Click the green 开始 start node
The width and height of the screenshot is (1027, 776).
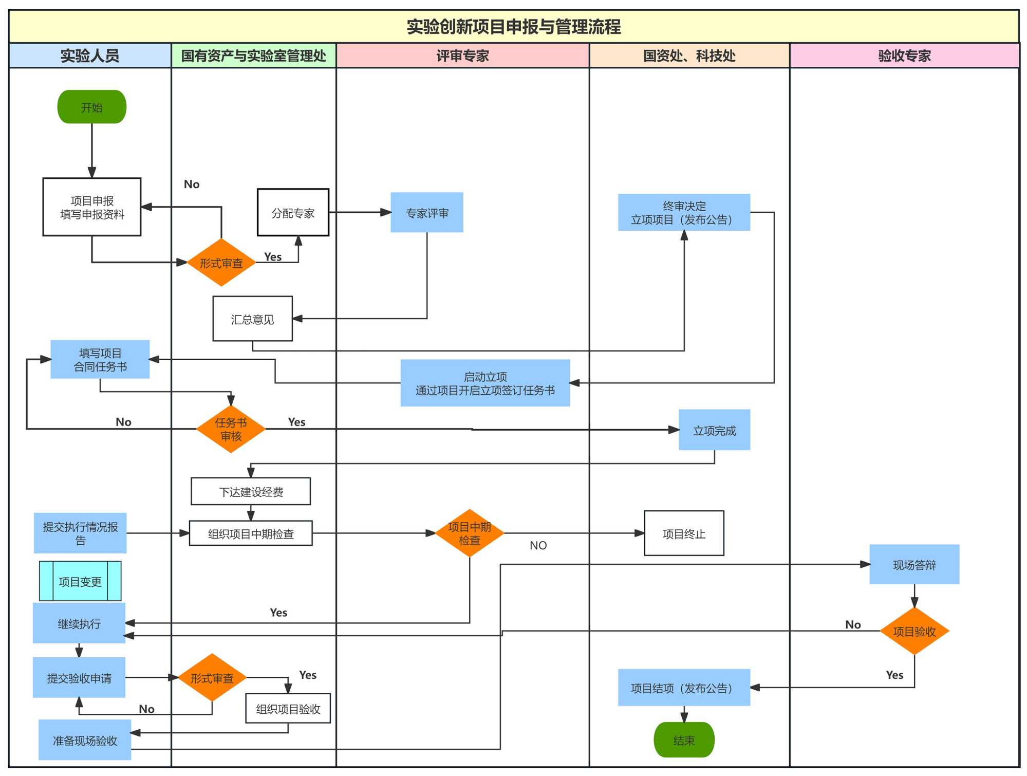(91, 107)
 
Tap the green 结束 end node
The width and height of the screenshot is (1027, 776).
(683, 740)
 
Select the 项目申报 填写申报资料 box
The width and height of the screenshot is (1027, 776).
(92, 207)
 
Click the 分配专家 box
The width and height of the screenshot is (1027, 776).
(293, 213)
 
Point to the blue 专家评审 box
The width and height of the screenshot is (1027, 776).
(426, 213)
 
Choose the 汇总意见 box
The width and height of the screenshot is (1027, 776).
(252, 319)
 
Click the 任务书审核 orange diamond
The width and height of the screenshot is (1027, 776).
(231, 429)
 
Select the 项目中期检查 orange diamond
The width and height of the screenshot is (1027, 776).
(469, 533)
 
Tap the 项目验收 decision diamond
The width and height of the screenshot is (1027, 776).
(914, 631)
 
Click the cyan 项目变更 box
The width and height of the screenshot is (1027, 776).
(80, 581)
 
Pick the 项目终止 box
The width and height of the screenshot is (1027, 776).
(684, 533)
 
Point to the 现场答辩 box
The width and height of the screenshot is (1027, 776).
(914, 564)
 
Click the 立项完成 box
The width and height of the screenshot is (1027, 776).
(714, 430)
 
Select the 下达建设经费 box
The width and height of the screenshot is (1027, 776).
(251, 492)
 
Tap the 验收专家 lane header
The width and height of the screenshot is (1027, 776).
(904, 56)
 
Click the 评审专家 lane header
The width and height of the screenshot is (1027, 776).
(462, 56)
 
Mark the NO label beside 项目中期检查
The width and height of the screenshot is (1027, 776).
(538, 545)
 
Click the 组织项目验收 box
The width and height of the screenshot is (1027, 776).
(288, 709)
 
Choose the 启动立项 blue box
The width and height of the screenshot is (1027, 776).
(485, 383)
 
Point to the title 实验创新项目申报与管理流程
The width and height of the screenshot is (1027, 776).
(514, 27)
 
